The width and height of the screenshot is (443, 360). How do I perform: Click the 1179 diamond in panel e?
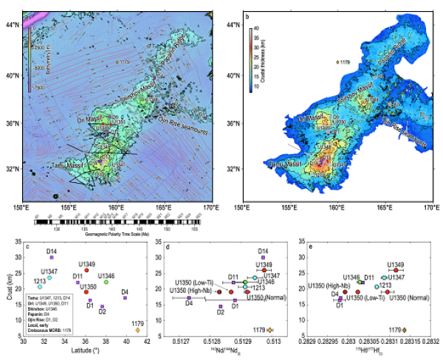404,330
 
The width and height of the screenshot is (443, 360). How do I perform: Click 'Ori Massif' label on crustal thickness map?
310,118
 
